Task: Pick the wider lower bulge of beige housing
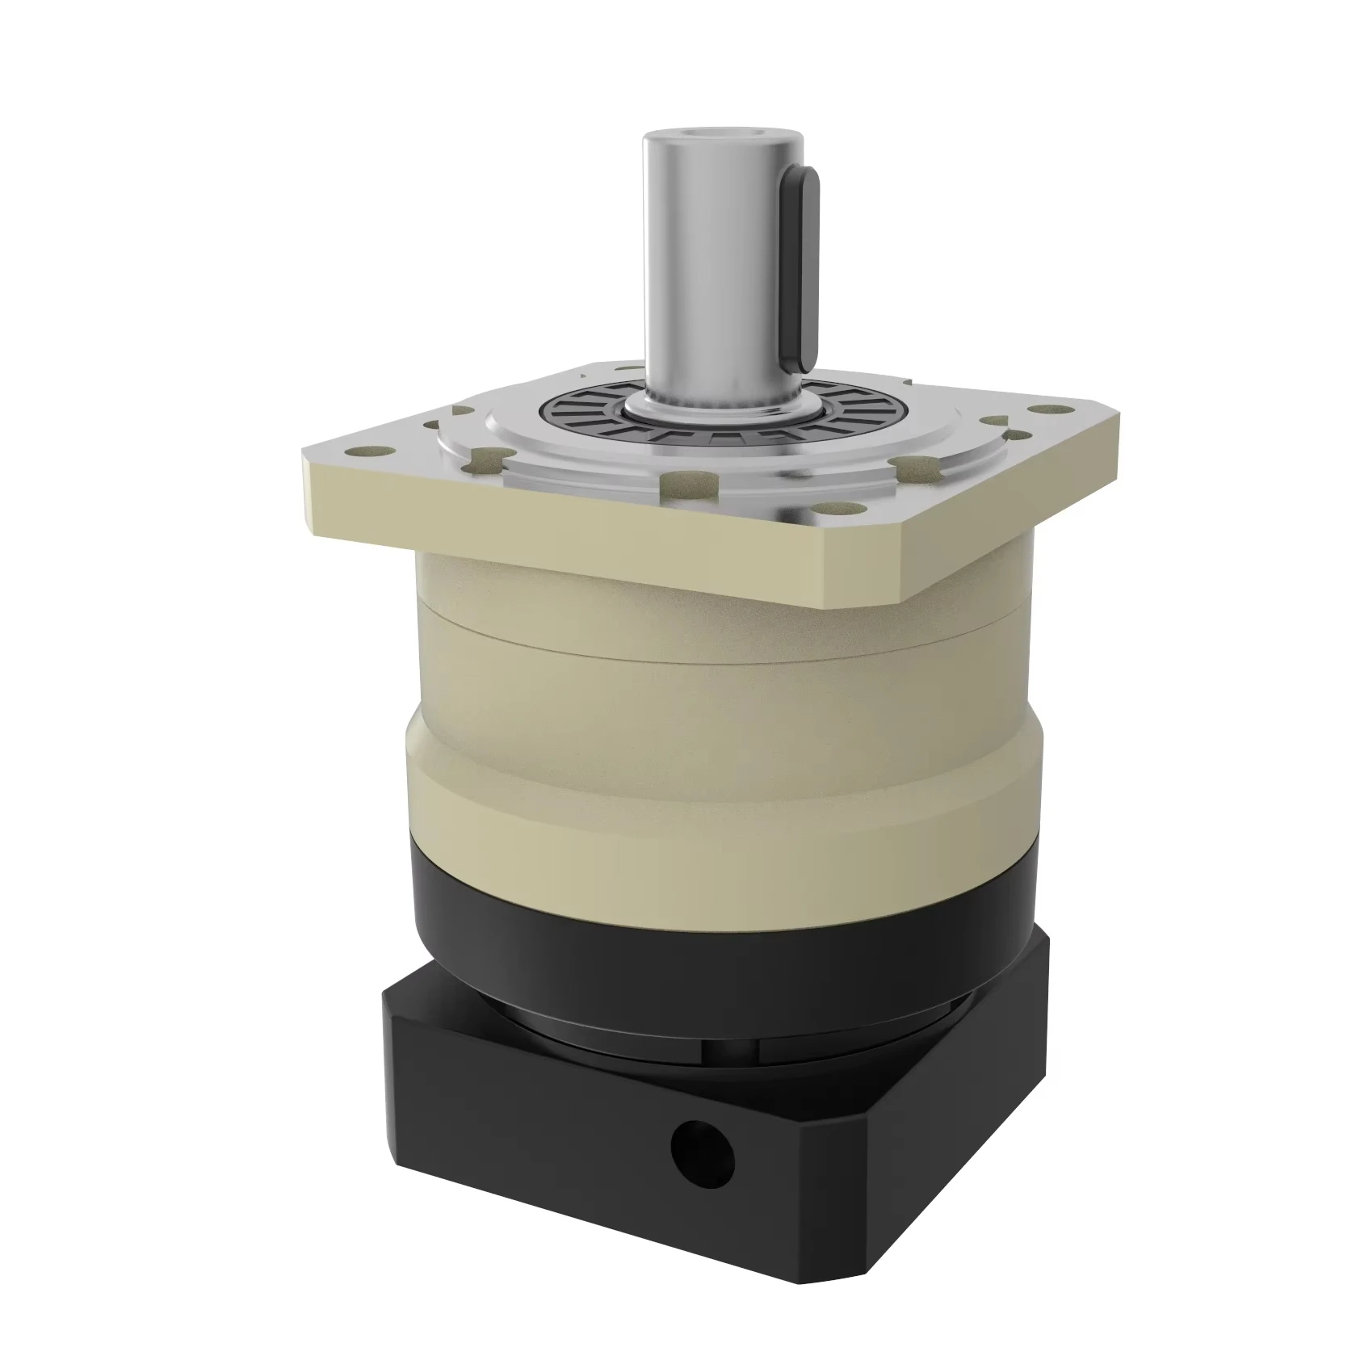pos(711,775)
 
